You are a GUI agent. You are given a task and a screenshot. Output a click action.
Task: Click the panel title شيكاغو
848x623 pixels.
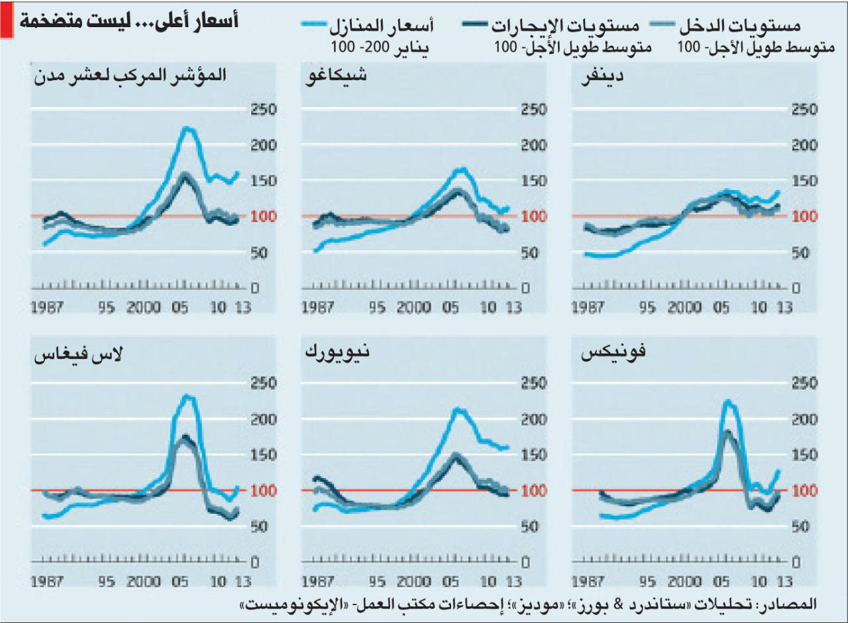336,75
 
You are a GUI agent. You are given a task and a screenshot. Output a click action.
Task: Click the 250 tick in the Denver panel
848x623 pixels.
804,110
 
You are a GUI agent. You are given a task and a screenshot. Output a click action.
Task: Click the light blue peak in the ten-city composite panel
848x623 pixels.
188,128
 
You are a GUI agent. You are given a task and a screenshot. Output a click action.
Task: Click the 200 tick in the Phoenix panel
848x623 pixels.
804,420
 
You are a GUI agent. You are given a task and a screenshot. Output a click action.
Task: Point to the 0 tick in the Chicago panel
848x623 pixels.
525,289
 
